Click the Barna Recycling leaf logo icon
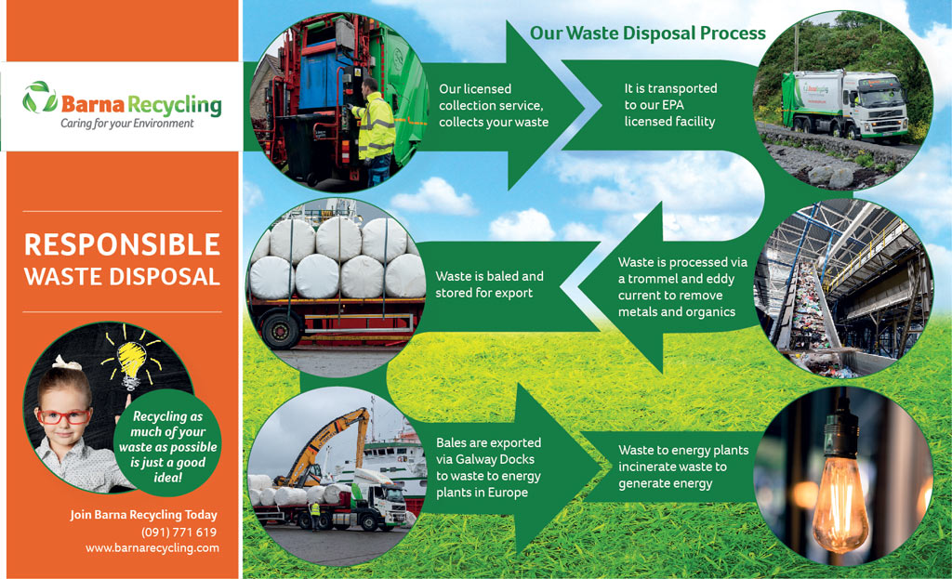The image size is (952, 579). (40, 97)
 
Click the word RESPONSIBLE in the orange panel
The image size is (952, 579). (122, 244)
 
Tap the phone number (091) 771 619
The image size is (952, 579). (179, 533)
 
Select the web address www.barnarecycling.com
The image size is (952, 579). (152, 548)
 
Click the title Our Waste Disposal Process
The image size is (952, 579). (648, 33)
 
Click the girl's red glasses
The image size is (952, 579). (63, 416)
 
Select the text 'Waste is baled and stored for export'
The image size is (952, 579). (489, 284)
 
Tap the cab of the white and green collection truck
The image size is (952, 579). (877, 104)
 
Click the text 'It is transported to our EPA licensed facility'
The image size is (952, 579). (670, 105)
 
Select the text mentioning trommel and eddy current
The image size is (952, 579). (682, 287)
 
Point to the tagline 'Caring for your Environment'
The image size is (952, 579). (126, 124)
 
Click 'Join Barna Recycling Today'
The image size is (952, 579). (143, 515)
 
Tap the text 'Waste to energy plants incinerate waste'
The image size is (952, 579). (683, 459)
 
